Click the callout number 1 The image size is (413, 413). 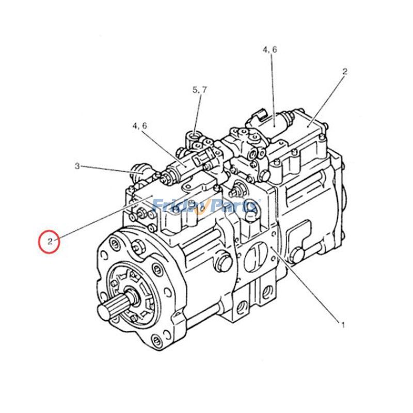[341, 325]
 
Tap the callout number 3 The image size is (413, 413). [77, 166]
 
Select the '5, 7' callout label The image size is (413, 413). [200, 90]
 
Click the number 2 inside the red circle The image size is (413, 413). [50, 241]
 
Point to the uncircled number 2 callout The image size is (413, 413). [345, 72]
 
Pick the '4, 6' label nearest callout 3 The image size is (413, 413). [139, 125]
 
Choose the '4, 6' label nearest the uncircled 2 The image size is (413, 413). [269, 50]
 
